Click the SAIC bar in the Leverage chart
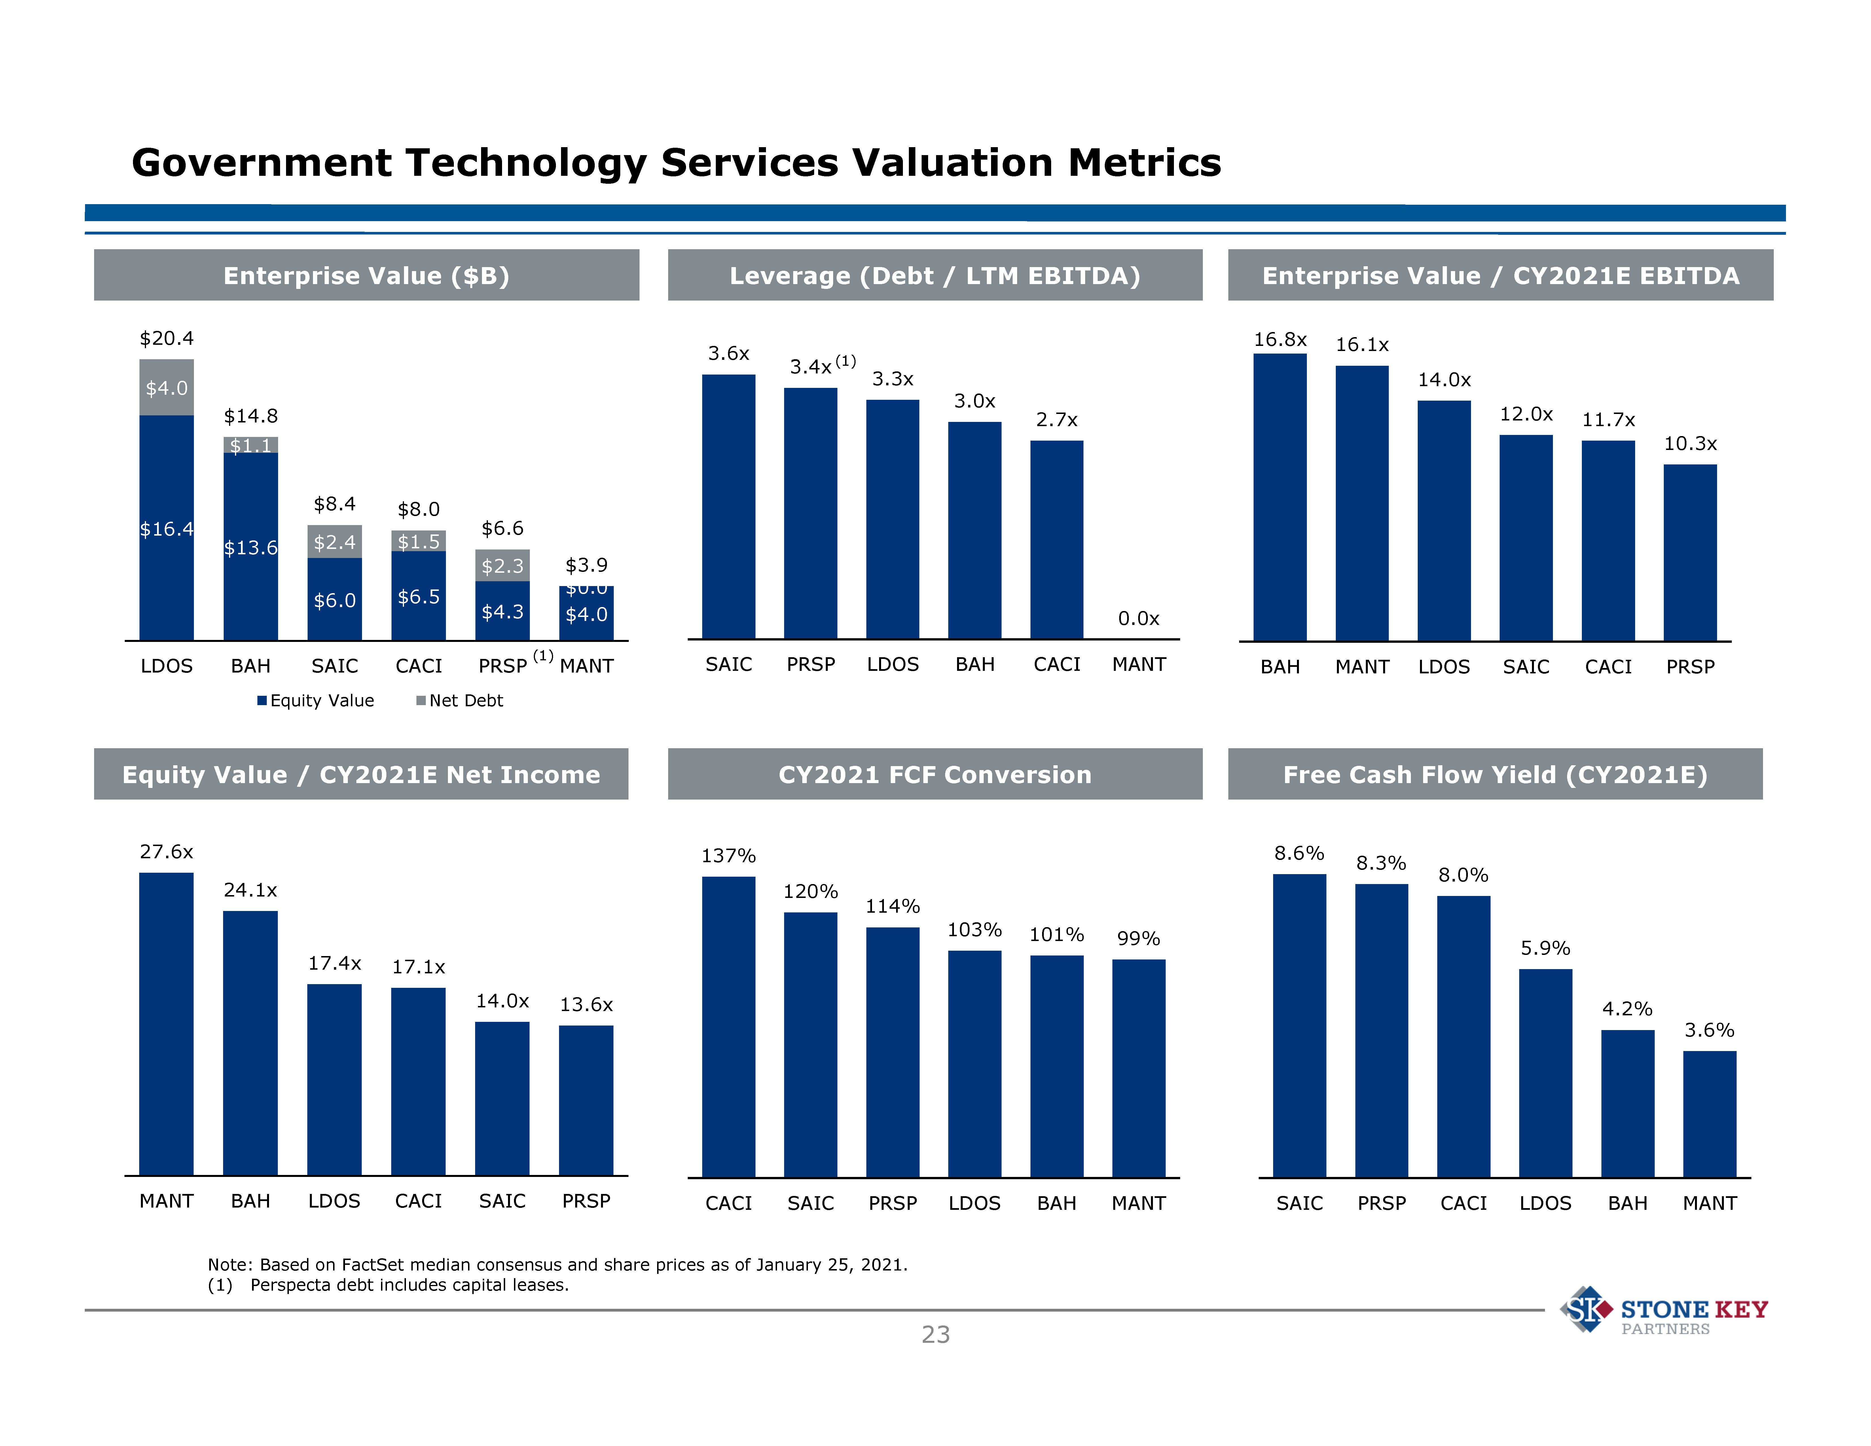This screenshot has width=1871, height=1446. pos(728,506)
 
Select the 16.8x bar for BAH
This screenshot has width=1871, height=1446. pos(1280,497)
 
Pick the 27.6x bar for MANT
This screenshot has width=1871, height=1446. pos(166,1024)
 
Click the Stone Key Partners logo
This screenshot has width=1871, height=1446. pos(1664,1311)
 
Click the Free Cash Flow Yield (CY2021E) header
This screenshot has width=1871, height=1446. pos(1495,774)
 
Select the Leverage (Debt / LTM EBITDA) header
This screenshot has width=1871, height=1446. pos(935,276)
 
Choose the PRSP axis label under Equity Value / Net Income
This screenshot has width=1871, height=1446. pos(586,1201)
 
